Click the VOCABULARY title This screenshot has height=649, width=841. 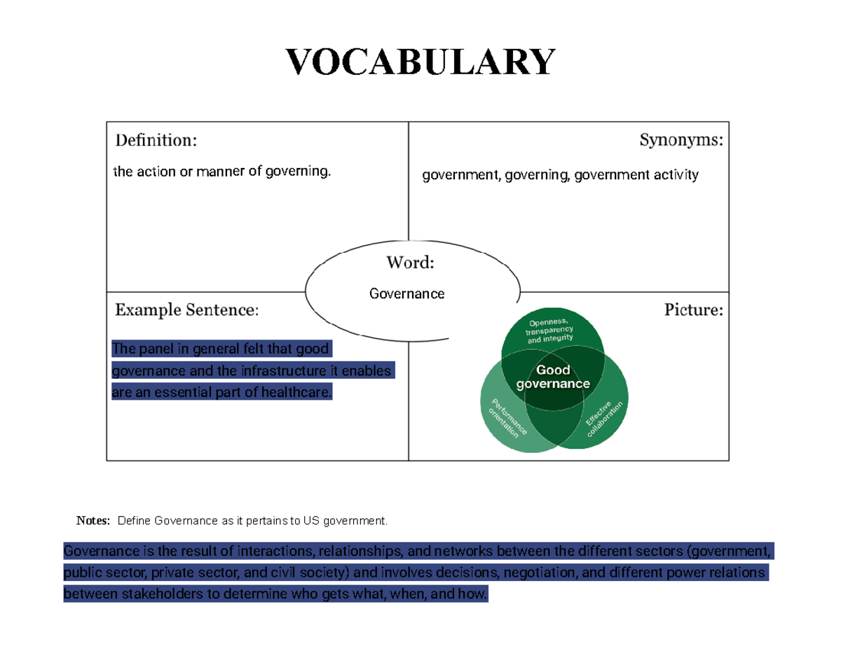(x=420, y=62)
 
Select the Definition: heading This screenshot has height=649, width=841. (x=156, y=140)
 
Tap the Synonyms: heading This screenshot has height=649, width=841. (x=681, y=140)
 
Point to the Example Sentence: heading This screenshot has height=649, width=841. (x=187, y=309)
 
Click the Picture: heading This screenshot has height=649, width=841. (x=694, y=309)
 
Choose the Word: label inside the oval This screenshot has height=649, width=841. (x=410, y=263)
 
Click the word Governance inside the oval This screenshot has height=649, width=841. (x=406, y=294)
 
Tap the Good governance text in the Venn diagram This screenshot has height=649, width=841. (x=553, y=377)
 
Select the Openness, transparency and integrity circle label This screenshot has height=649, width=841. (x=549, y=331)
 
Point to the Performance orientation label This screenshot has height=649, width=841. (x=507, y=418)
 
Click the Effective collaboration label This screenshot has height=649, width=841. (x=604, y=419)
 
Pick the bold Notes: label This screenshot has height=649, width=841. (x=93, y=521)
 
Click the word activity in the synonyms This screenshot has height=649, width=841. (x=676, y=175)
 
